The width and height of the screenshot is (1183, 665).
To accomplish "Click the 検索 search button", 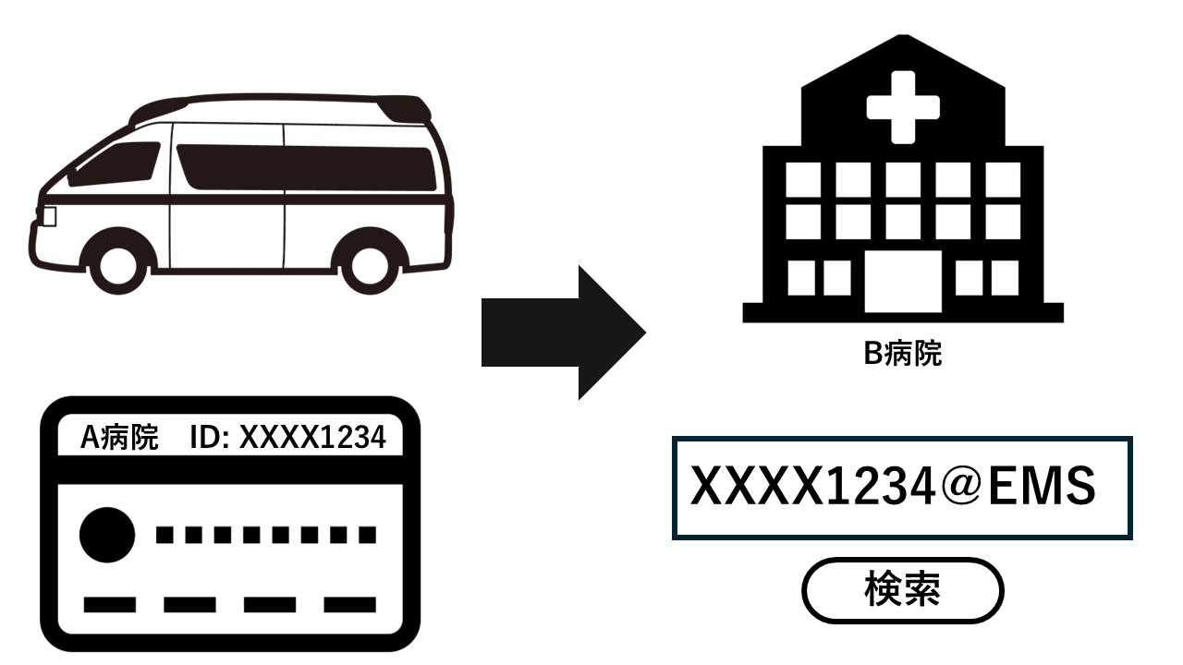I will click(901, 590).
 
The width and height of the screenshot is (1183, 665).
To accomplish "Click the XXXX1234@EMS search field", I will click(901, 488).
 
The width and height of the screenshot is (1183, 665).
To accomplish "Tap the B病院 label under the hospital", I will click(902, 354).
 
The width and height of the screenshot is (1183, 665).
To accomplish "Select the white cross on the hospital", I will click(902, 107).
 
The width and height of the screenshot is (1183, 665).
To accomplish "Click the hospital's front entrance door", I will click(902, 281).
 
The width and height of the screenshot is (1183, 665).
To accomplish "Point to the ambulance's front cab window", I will click(118, 163).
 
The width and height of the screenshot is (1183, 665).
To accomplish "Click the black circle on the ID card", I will click(107, 534).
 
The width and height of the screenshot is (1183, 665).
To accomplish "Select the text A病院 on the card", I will click(119, 438).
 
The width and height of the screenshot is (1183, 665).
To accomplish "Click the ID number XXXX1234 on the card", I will click(312, 438).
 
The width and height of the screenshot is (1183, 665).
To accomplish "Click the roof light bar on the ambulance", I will click(407, 108).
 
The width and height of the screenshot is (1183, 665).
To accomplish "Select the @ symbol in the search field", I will click(960, 488).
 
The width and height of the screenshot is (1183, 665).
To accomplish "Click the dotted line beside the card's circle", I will click(265, 534).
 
